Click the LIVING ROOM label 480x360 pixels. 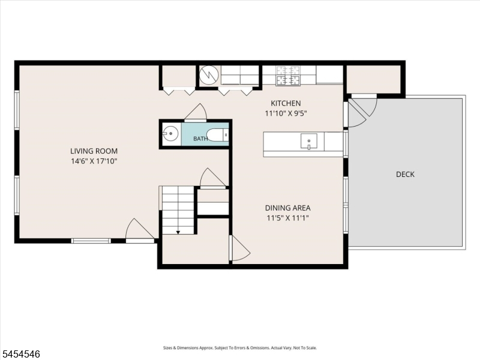coord(94,151)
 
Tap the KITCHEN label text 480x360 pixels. coord(286,103)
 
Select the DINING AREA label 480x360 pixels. coord(288,208)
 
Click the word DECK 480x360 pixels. coord(405,174)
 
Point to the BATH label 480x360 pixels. coord(200,139)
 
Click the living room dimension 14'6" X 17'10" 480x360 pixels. coord(94,161)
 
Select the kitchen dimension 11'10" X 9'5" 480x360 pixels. coord(286,113)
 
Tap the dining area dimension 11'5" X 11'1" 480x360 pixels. coord(288,218)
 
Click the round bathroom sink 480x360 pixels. coord(170,133)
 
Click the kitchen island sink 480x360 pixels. coord(308,141)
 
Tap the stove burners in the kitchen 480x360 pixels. coord(288,76)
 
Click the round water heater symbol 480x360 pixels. coord(209,75)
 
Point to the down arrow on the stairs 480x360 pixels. coord(178,232)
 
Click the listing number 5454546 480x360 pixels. coord(20,354)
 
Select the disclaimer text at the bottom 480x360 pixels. coord(240,348)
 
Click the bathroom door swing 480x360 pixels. coord(196,112)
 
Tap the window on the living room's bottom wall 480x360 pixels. coord(91,241)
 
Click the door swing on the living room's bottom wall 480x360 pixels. coord(140,230)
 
